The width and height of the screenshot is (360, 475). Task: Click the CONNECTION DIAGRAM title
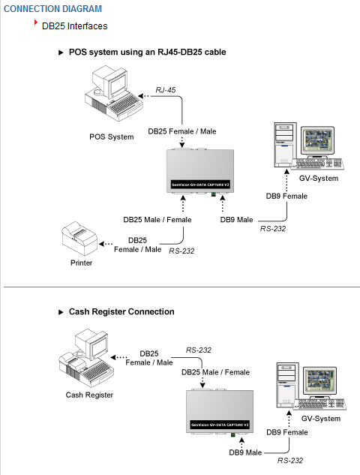coord(52,9)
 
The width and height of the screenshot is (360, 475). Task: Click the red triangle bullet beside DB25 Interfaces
coord(36,22)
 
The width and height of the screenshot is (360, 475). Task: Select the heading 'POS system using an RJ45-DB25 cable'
coord(148,52)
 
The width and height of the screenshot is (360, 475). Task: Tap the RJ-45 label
coord(165,90)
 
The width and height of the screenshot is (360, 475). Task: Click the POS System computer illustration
coord(113,93)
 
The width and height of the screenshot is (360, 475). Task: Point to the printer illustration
coord(79,239)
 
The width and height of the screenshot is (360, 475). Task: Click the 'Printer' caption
coord(82,263)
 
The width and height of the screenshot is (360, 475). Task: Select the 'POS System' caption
coord(112,137)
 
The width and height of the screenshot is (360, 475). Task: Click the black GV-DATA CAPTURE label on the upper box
coord(200,185)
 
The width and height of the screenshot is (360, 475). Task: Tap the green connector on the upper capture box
coord(214,194)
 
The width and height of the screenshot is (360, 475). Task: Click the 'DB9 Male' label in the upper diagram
coord(236,220)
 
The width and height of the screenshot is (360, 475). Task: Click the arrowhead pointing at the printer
coord(102,244)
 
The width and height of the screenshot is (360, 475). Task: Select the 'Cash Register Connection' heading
coord(121,311)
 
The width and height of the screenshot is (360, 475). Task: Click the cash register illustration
coord(86,358)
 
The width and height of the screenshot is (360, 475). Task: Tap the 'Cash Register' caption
coord(89,395)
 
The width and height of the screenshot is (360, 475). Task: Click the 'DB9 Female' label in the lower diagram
coord(287,432)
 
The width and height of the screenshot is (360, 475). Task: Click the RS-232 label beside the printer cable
coord(181,251)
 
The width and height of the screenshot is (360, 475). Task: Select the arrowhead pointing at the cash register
coord(113,357)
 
